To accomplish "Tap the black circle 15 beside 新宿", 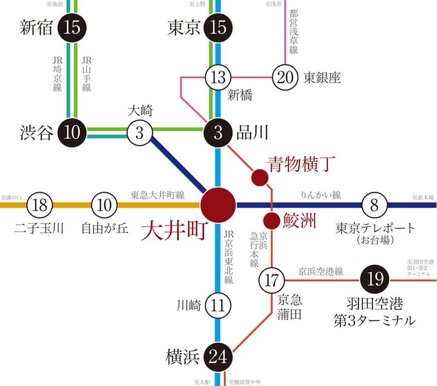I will (72, 28).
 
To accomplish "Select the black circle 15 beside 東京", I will (218, 28).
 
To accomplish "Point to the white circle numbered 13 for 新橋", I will (218, 78).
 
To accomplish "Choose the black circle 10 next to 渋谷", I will (72, 133).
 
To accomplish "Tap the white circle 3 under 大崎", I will (140, 133).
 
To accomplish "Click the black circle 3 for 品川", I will (218, 133).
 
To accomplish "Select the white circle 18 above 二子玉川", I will (40, 205).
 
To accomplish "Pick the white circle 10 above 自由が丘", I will (106, 205).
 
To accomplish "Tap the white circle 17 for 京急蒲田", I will (272, 280).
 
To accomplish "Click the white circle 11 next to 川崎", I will (218, 305).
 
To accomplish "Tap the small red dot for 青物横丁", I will (259, 177).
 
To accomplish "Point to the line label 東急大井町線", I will (157, 195).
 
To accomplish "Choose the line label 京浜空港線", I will (321, 271).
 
